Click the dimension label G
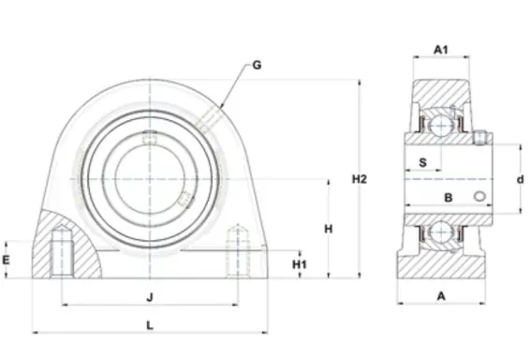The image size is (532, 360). point(257,65)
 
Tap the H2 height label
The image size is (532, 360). point(360,179)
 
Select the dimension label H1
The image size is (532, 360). point(300,264)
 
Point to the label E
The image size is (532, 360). point(7,260)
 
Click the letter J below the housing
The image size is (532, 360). point(150,297)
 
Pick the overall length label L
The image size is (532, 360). point(150,325)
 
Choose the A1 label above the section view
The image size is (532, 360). point(441,50)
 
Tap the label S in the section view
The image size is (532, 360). point(422,163)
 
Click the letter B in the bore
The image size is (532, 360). point(449,197)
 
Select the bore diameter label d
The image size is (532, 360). point(521,179)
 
